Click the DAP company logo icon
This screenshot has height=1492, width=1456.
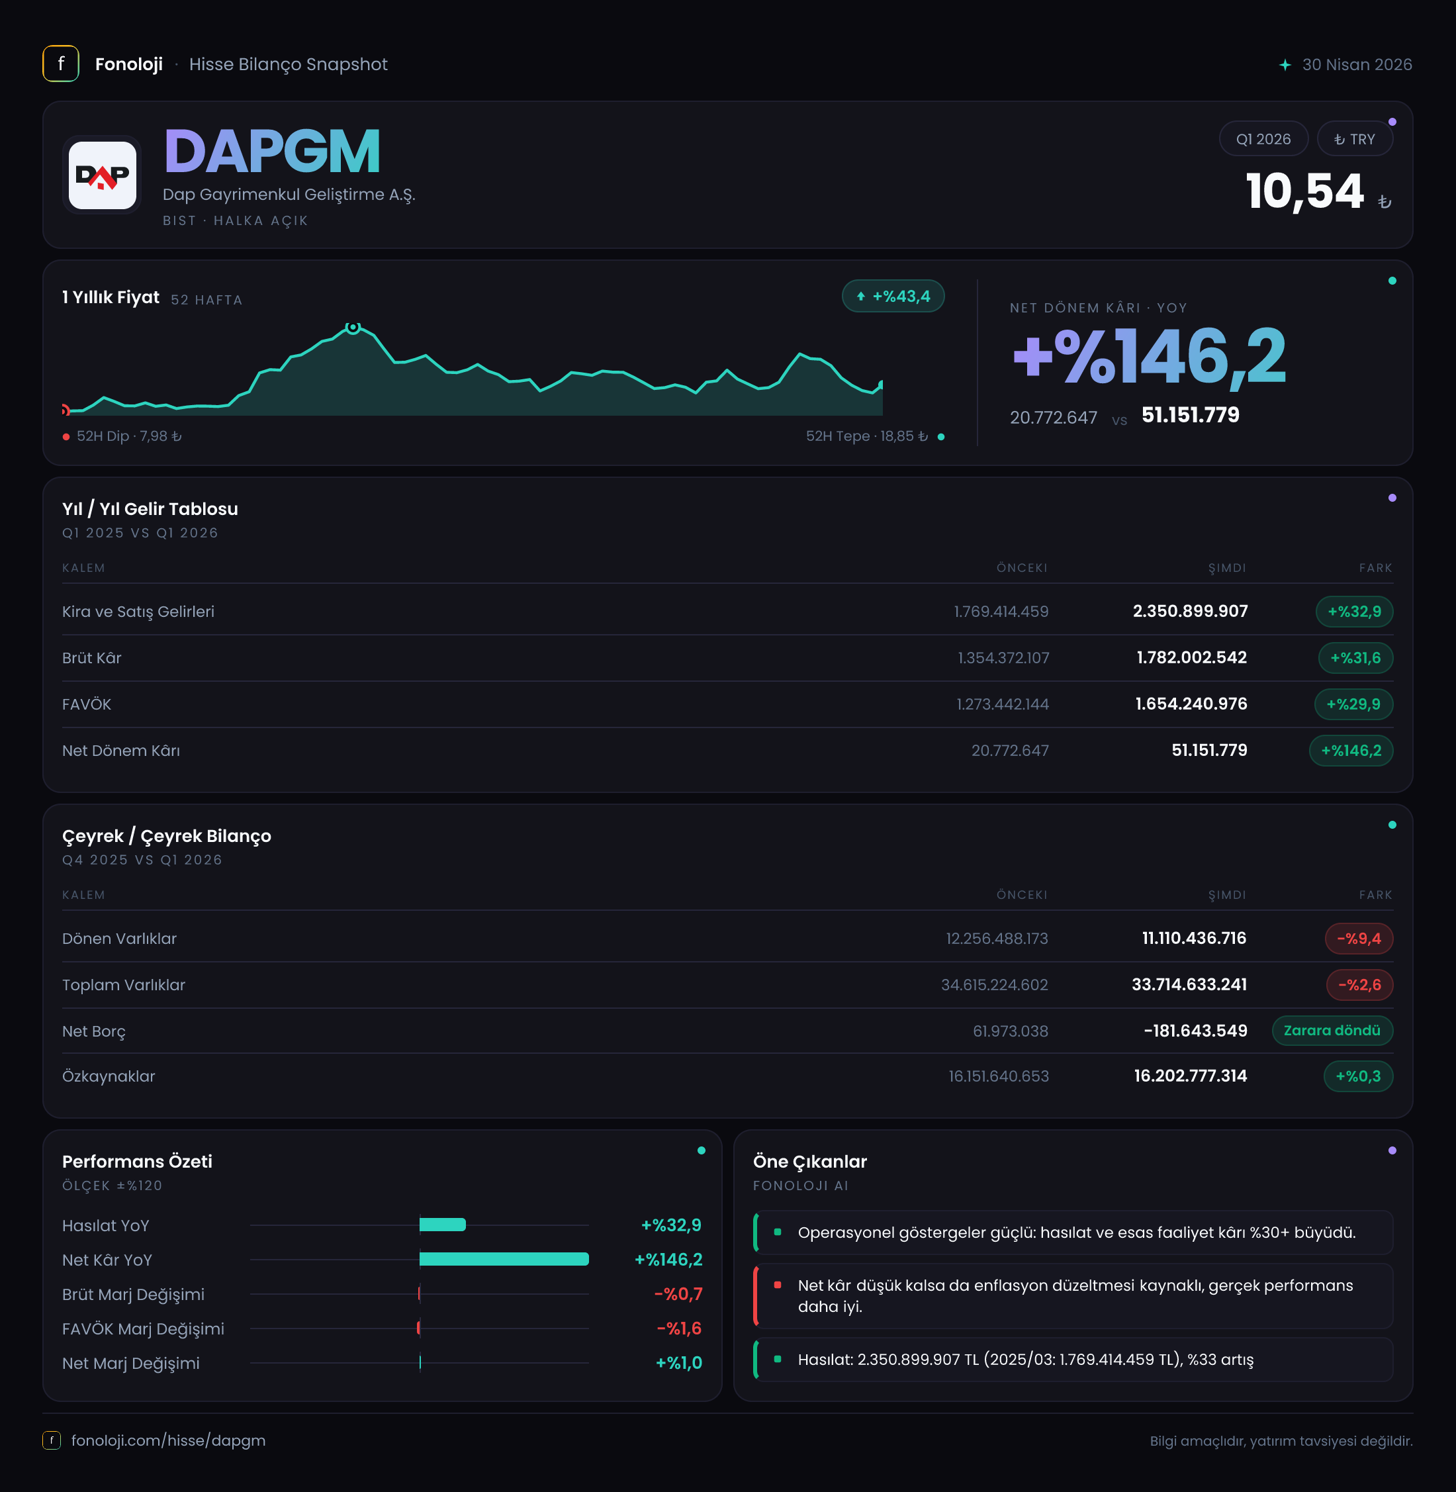tap(103, 175)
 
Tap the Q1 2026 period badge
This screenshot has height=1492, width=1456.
tap(1263, 139)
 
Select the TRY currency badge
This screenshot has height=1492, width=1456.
tap(1354, 139)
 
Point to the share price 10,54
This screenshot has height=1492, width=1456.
tap(1304, 191)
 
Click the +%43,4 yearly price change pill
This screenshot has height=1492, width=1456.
tap(893, 297)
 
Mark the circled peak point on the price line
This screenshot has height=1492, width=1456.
tap(353, 327)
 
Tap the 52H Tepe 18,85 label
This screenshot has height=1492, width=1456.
tap(866, 436)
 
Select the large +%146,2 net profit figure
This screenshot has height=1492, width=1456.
tap(1150, 355)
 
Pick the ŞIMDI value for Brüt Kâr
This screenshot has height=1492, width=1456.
tap(1191, 658)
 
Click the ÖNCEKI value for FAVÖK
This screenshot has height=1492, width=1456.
tap(1003, 704)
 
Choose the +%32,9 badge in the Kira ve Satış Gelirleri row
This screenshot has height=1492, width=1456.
tap(1354, 612)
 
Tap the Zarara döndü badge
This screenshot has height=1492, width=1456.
tap(1332, 1031)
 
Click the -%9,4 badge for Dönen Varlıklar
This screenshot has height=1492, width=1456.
tap(1359, 939)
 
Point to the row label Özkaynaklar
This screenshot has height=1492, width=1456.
tap(109, 1076)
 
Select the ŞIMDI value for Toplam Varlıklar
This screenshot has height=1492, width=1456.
tap(1189, 984)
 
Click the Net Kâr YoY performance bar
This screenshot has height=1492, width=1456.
tap(504, 1259)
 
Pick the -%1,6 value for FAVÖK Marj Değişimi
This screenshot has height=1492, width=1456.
tap(679, 1329)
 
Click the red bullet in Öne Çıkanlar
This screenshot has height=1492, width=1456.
tap(778, 1285)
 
